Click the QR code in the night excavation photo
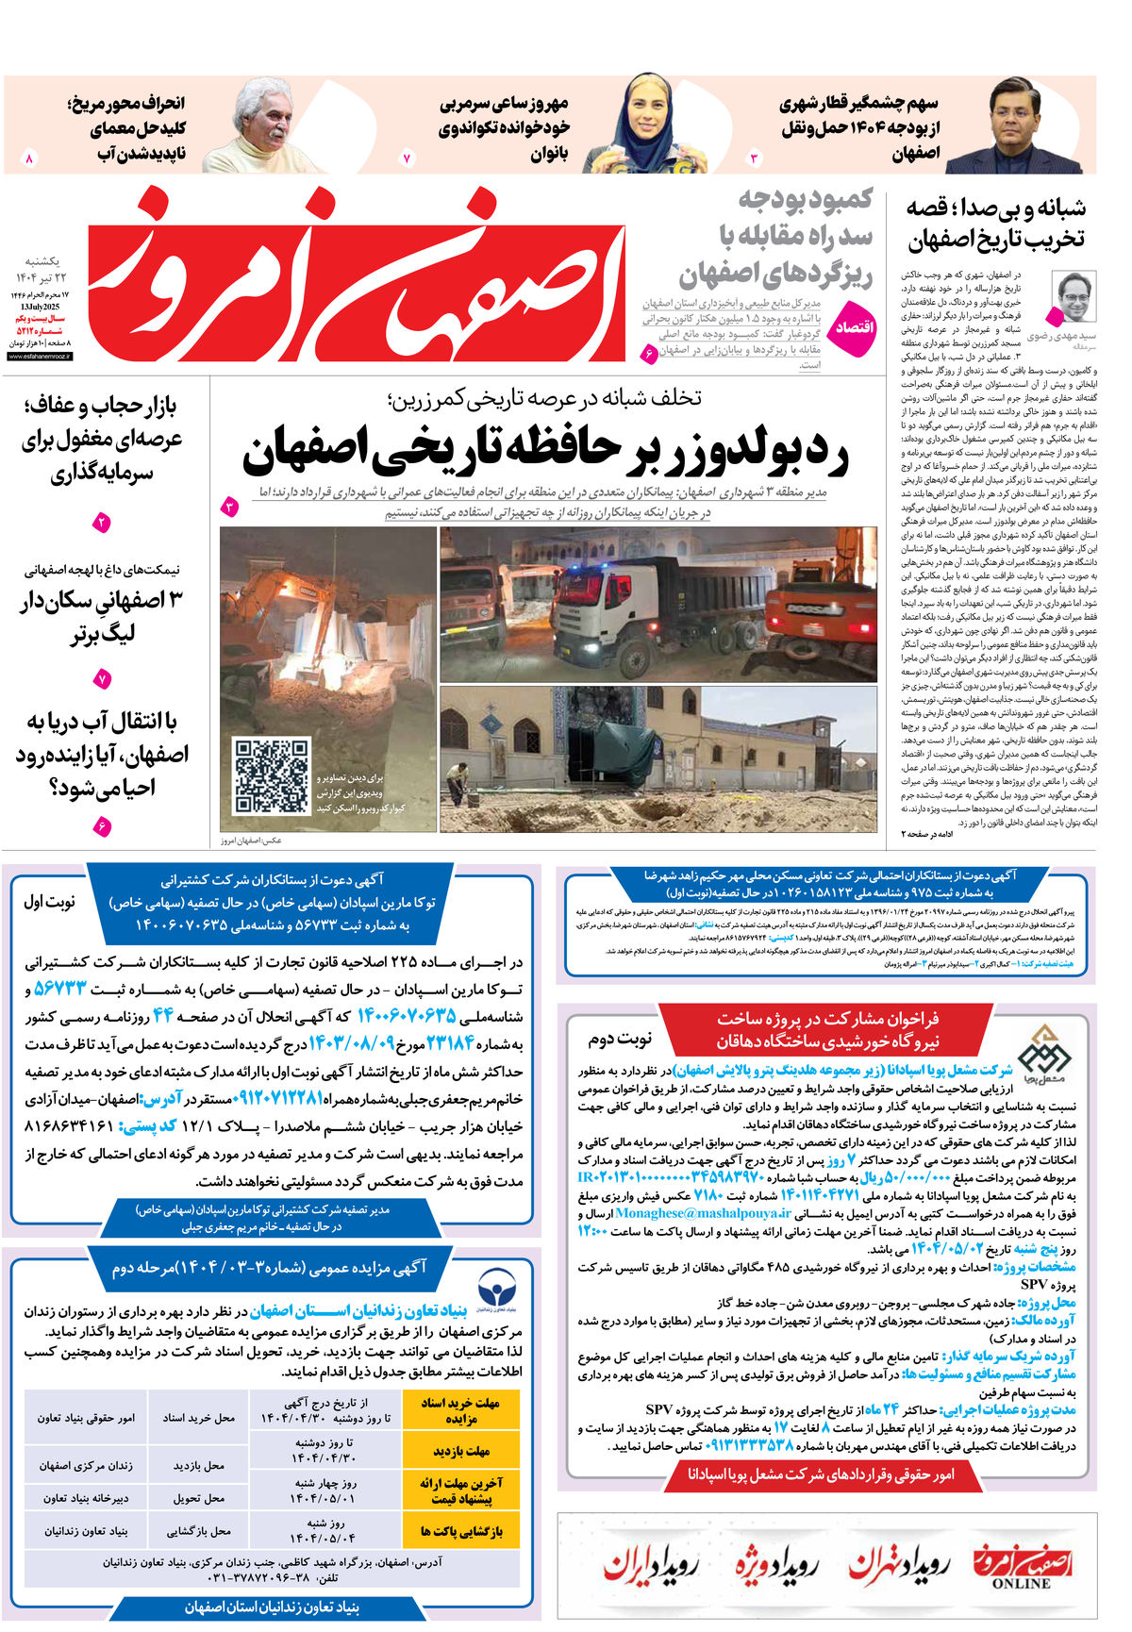point(272,776)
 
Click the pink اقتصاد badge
point(857,326)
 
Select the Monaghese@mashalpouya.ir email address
point(689,1214)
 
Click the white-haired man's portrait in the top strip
point(251,125)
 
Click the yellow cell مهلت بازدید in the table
point(461,1451)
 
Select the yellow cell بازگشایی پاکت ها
point(461,1531)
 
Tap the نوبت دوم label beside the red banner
point(621,1040)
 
